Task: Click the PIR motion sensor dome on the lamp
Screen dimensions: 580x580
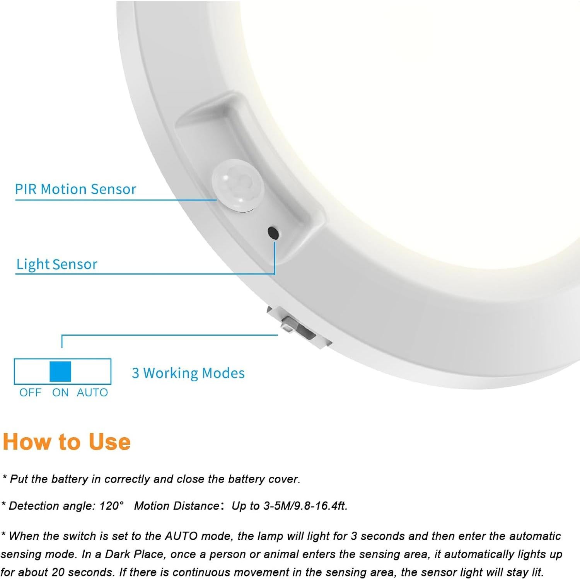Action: (237, 186)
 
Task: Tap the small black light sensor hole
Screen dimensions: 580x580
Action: (273, 233)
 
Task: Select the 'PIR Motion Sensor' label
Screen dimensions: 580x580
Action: (75, 189)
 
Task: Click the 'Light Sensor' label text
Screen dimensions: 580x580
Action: (56, 264)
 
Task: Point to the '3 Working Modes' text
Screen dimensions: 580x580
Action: (188, 373)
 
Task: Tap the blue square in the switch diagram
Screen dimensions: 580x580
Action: (60, 372)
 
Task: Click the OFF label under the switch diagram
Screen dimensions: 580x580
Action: (30, 393)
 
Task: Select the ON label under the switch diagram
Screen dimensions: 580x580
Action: (60, 393)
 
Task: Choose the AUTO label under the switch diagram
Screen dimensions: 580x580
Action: (92, 393)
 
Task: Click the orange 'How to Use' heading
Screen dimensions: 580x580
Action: (67, 442)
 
